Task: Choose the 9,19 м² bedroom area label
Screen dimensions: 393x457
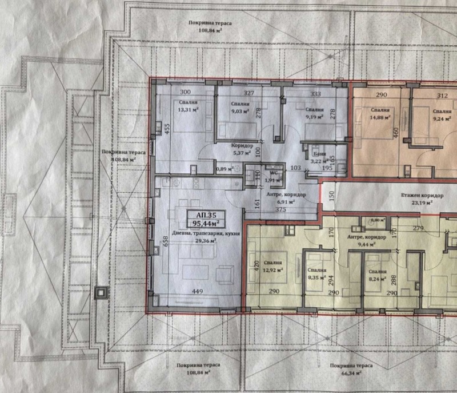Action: point(313,117)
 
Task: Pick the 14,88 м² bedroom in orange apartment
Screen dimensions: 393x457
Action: point(379,117)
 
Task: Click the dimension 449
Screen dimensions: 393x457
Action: point(198,291)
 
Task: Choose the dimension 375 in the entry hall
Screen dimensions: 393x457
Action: point(280,209)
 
